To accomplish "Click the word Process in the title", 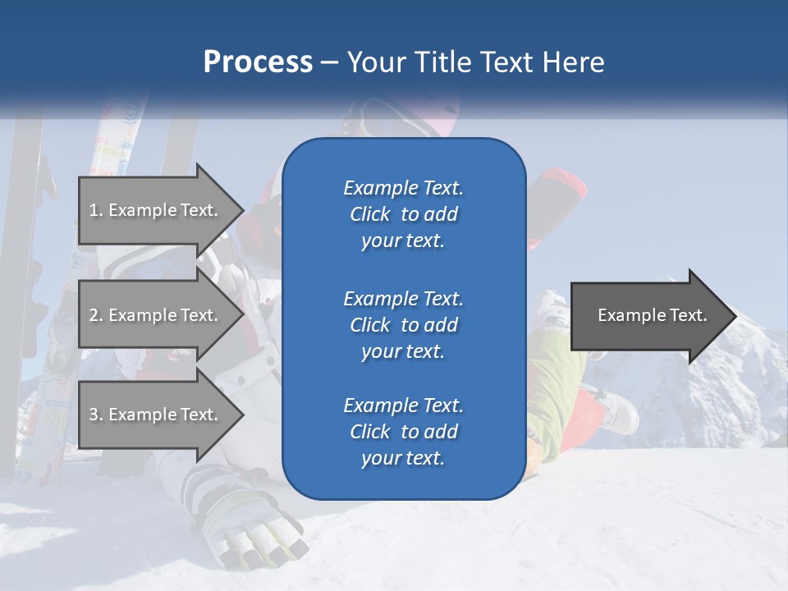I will pyautogui.click(x=258, y=62).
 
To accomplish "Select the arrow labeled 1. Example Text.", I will pyautogui.click(x=156, y=210).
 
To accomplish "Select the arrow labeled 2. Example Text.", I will pyautogui.click(x=156, y=315).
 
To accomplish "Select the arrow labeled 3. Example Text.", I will pyautogui.click(x=156, y=415).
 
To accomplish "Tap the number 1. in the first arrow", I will pyautogui.click(x=96, y=210).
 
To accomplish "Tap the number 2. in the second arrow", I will pyautogui.click(x=96, y=315).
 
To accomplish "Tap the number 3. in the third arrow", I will pyautogui.click(x=96, y=415).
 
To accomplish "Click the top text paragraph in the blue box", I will pyautogui.click(x=403, y=214).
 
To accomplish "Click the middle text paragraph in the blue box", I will pyautogui.click(x=403, y=324).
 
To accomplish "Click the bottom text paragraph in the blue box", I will pyautogui.click(x=403, y=432).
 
